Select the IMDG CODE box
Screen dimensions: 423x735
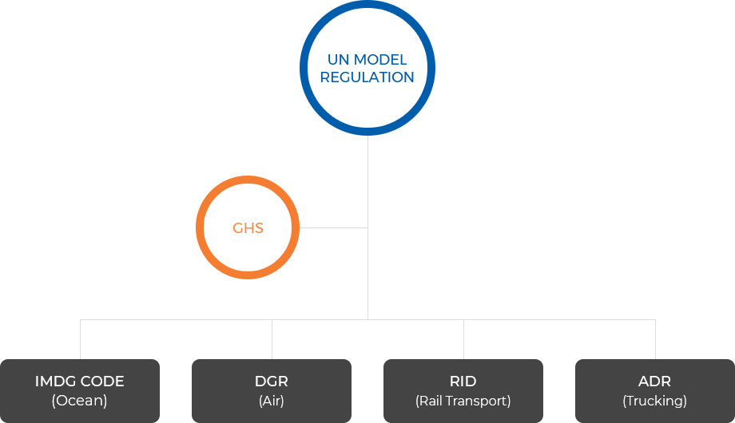[80, 390]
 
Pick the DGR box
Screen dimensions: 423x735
[272, 390]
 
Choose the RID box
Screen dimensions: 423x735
[463, 390]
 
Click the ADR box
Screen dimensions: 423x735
[655, 390]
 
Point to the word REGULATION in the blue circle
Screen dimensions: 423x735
[367, 77]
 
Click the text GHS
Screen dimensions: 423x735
[248, 228]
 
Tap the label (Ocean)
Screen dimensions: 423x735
[80, 401]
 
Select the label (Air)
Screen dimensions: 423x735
[272, 401]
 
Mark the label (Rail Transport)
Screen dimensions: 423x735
[463, 401]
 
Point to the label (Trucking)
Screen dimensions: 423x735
[655, 401]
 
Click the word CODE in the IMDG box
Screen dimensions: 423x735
[102, 381]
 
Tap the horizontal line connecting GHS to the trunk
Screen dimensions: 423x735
[333, 228]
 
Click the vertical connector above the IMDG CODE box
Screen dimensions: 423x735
[80, 339]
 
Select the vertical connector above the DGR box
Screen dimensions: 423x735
[272, 339]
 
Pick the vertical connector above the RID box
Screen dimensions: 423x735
[463, 339]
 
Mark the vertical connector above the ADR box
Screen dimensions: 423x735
[655, 339]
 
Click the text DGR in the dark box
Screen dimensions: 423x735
[272, 381]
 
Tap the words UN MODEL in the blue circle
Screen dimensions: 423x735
[367, 60]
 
